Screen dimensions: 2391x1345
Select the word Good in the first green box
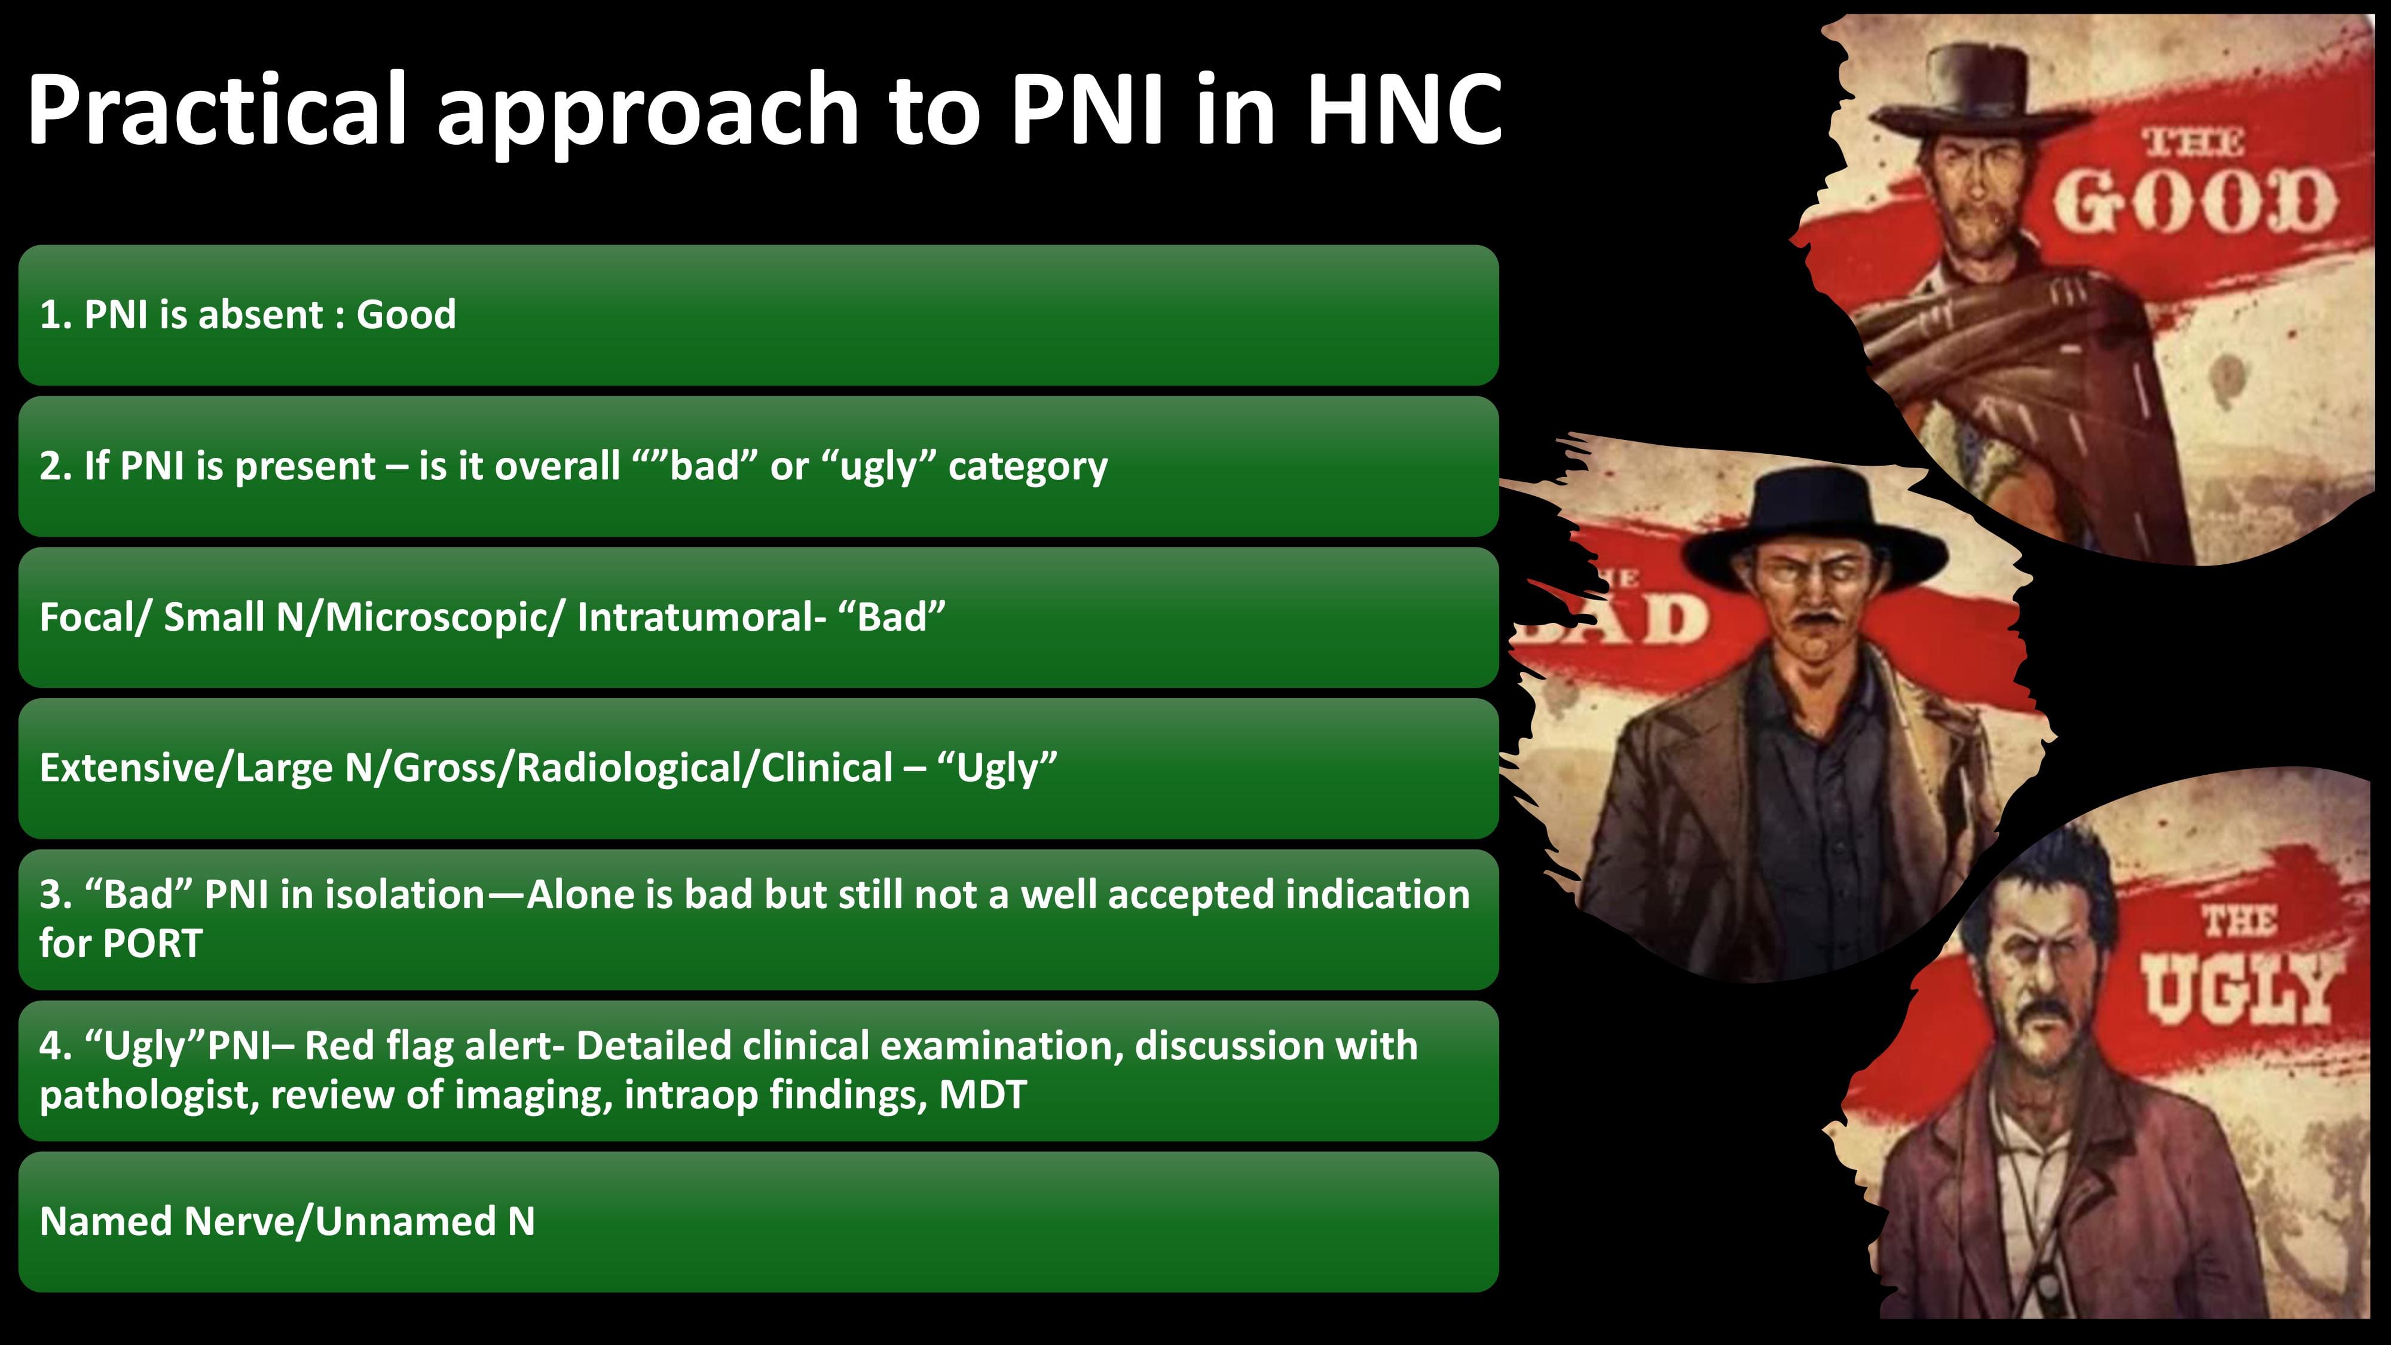(406, 314)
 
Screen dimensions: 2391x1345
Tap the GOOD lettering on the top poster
(2193, 203)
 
